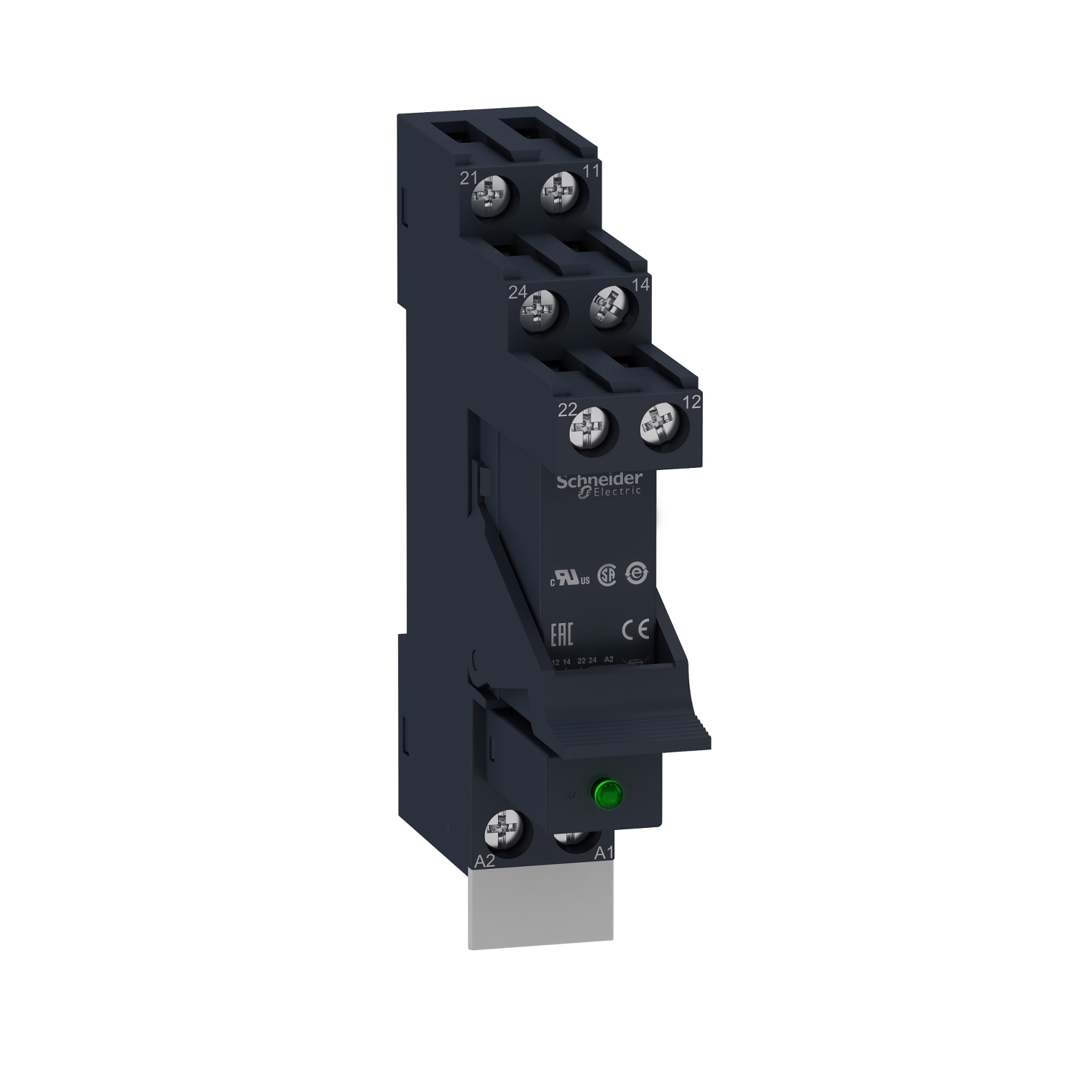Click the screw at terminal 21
pos(492,194)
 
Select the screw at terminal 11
pos(561,193)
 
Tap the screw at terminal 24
pos(538,310)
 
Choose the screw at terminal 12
pos(659,428)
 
